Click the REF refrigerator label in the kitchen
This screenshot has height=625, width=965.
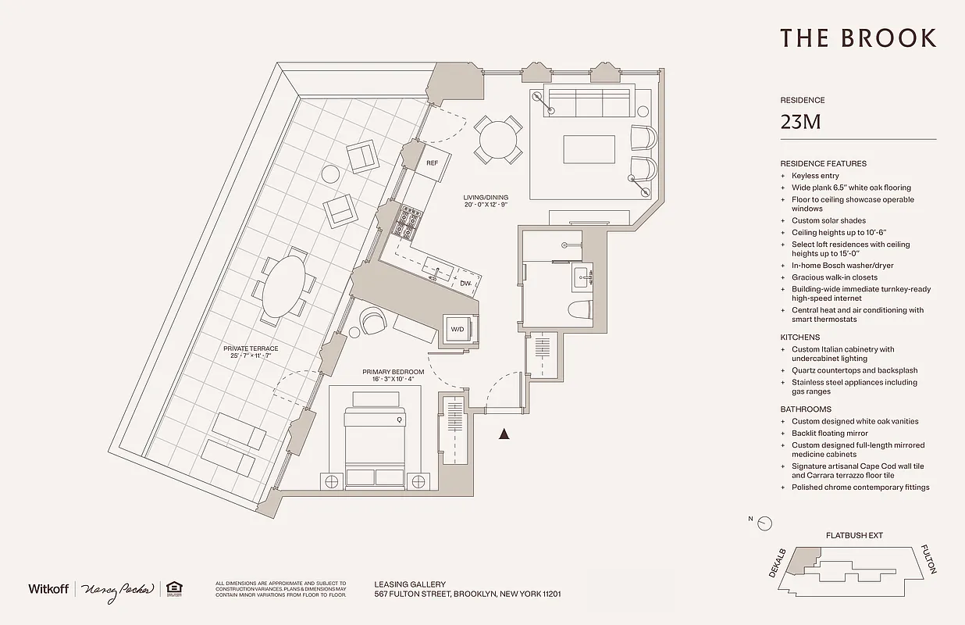tap(432, 163)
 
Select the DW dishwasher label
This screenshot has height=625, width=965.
tap(465, 284)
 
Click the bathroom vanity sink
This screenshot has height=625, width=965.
tap(581, 277)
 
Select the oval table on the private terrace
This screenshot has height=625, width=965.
tap(285, 285)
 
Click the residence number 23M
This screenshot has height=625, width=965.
tap(800, 123)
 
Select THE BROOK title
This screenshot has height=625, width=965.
tap(857, 37)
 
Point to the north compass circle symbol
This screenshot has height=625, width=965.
tap(766, 523)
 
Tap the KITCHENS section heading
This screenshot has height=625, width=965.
tap(799, 337)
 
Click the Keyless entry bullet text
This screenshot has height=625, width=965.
tap(815, 176)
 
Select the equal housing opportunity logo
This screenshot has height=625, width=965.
tap(176, 588)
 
